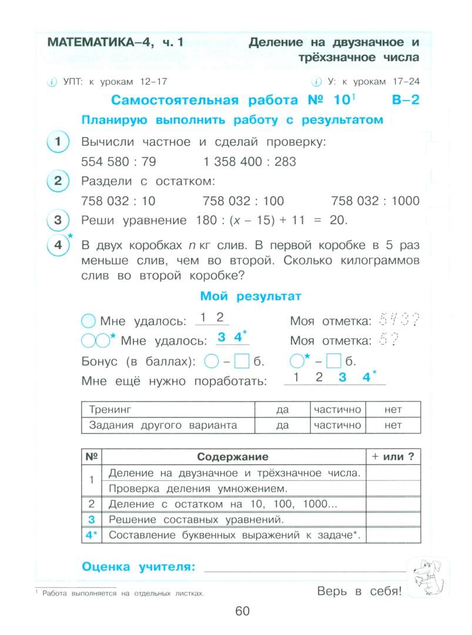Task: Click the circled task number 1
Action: (58, 142)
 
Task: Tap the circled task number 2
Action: (58, 181)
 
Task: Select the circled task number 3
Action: (58, 220)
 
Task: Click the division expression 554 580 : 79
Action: (119, 162)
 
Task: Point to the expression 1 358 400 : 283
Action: (250, 162)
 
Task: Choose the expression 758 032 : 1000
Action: (375, 201)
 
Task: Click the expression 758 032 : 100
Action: (243, 201)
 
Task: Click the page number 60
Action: (243, 611)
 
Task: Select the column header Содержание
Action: (232, 457)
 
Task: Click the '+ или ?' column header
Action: (393, 457)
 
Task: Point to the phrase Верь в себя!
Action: (359, 591)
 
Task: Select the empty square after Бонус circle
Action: (242, 360)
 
